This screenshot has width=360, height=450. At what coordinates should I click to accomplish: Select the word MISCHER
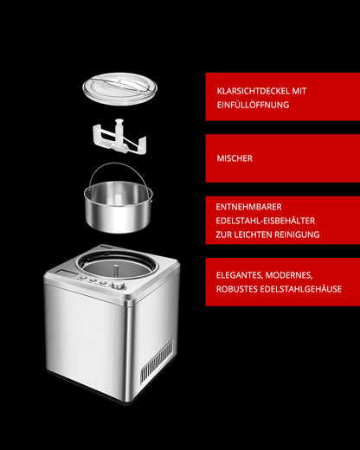(235, 159)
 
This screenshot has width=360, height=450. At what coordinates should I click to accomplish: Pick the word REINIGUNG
(296, 235)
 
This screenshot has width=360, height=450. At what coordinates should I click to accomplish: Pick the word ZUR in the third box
(225, 235)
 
